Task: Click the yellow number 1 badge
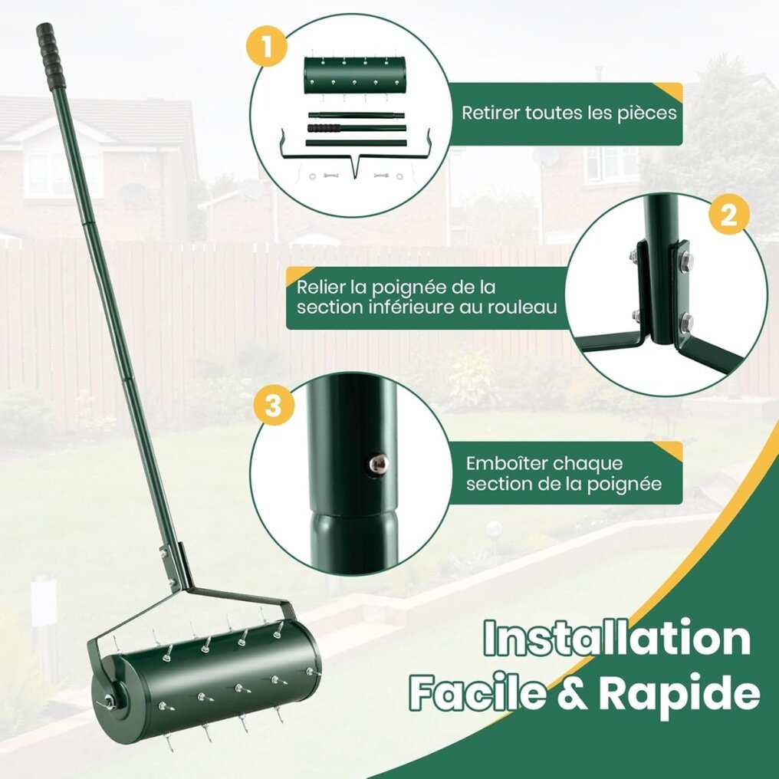click(x=267, y=47)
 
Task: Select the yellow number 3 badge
click(x=273, y=406)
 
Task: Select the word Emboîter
click(x=506, y=464)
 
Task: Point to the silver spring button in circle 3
click(x=377, y=464)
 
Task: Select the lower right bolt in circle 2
click(x=686, y=321)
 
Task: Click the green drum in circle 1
click(x=354, y=75)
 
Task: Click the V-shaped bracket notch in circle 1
click(x=354, y=168)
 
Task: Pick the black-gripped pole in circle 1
click(x=357, y=128)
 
